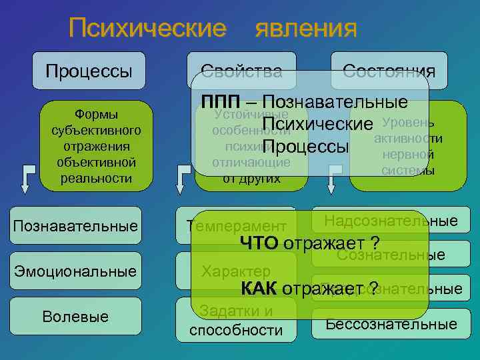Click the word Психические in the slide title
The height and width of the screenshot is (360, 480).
147,29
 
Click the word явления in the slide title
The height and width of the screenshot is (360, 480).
306,29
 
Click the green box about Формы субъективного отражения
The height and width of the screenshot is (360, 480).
95,145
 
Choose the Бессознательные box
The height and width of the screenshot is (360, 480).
391,325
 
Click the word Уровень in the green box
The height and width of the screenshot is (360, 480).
409,124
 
